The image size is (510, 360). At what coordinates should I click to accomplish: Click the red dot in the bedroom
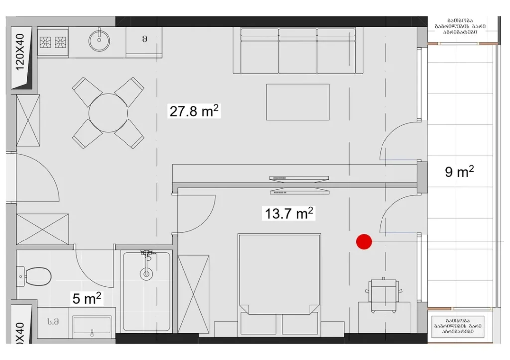[364, 242]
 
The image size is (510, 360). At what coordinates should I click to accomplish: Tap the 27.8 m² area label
[194, 111]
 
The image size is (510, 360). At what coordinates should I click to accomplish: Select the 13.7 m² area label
[289, 214]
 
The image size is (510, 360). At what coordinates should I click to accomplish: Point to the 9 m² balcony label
[459, 172]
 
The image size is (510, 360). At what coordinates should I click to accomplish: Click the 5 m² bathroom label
[87, 299]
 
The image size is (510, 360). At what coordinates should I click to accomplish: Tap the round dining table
[108, 113]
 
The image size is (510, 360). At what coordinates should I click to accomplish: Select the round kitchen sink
[100, 40]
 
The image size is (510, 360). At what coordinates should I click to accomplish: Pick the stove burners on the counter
[53, 42]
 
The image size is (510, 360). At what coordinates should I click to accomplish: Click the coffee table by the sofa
[297, 102]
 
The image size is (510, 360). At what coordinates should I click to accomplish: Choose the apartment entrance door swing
[37, 177]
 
